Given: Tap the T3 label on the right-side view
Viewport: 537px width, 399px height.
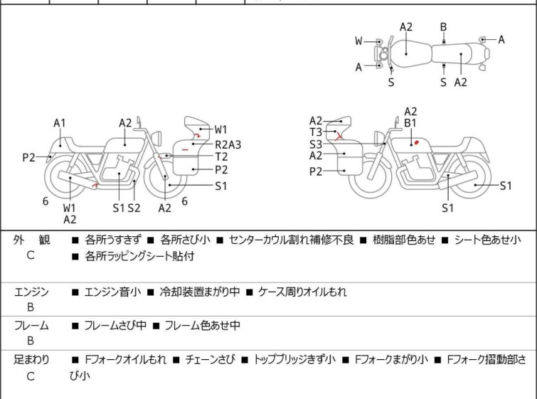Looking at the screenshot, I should click(316, 132).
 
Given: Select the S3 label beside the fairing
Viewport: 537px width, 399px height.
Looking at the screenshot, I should click(316, 144).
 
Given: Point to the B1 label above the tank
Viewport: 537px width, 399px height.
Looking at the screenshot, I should click(410, 123).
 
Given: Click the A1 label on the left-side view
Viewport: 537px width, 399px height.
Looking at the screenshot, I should click(60, 122).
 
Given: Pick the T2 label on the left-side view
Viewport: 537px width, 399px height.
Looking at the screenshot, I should click(221, 156).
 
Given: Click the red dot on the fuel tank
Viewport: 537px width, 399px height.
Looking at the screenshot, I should click(416, 142).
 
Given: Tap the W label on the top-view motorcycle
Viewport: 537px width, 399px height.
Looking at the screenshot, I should click(359, 41).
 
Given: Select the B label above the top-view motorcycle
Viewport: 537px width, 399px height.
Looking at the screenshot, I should click(443, 27).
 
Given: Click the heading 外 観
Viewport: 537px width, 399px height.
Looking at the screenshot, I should click(31, 240).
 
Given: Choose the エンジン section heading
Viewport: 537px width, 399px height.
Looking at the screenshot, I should click(31, 292).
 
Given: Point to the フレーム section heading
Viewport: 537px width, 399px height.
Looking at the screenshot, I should click(31, 326).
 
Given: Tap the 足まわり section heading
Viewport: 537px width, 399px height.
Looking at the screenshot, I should click(31, 360).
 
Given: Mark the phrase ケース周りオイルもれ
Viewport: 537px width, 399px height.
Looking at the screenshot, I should click(302, 292).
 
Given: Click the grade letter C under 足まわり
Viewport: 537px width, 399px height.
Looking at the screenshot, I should click(31, 376).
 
